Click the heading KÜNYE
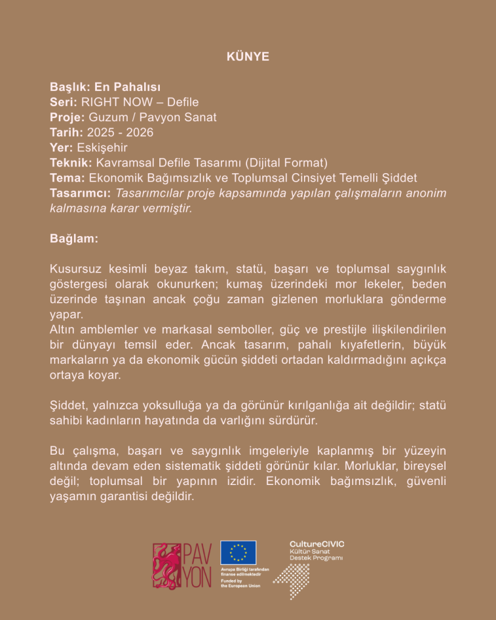click(248, 56)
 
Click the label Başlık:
click(70, 87)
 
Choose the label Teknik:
click(70, 162)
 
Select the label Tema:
click(68, 177)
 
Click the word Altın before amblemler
click(63, 329)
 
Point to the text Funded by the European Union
click(240, 583)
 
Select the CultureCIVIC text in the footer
click(317, 544)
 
